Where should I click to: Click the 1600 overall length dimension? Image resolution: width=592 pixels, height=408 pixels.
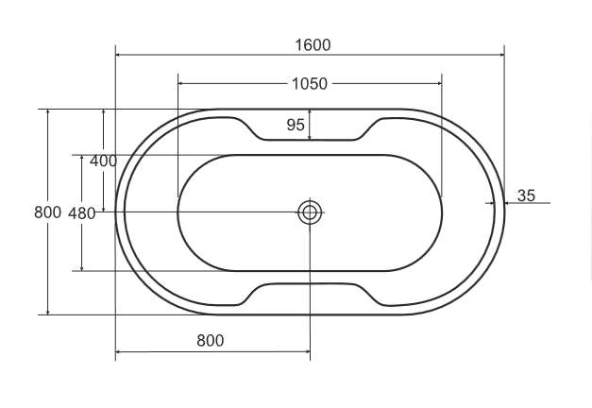(x=313, y=45)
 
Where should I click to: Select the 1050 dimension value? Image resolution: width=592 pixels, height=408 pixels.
(x=310, y=83)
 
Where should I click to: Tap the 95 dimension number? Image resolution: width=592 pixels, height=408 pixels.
(x=296, y=125)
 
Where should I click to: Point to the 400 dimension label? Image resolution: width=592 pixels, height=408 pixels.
(x=103, y=161)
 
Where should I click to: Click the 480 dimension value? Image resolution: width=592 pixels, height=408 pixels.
(x=81, y=213)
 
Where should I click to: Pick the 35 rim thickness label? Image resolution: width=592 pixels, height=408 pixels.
(x=526, y=195)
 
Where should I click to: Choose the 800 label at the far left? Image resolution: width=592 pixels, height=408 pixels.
(x=47, y=212)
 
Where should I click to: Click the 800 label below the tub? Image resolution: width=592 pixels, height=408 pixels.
(x=211, y=341)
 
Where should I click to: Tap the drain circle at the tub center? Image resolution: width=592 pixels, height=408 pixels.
(x=310, y=212)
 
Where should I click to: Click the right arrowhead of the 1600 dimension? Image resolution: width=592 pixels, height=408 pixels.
(x=501, y=55)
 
